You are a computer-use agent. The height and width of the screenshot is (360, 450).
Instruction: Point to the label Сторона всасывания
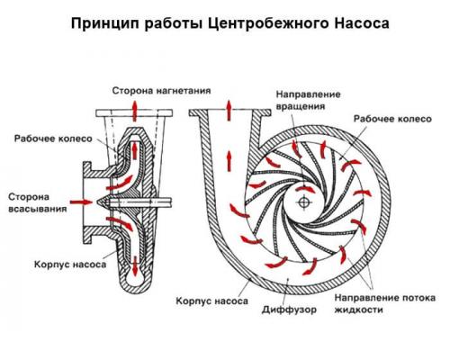coord(32,202)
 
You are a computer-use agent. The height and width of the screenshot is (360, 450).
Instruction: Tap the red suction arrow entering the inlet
coord(80,202)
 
